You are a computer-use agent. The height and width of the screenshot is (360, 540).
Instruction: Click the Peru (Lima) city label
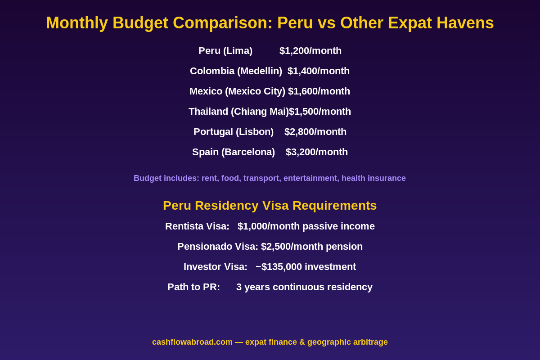[x=225, y=51]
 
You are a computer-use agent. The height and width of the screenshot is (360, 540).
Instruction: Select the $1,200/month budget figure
[x=310, y=51]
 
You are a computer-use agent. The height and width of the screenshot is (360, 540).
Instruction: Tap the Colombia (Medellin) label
[x=236, y=71]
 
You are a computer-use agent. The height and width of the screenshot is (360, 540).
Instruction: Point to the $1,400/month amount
[x=319, y=71]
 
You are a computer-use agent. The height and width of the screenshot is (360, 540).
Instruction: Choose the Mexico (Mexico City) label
[x=237, y=91]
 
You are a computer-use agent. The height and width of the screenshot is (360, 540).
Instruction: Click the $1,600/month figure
[x=319, y=91]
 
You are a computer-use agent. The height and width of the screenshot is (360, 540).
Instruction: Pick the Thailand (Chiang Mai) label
[x=238, y=112]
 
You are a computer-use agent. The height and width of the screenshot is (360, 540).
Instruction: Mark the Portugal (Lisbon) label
[x=234, y=132]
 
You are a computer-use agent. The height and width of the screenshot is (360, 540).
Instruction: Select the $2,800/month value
[x=315, y=132]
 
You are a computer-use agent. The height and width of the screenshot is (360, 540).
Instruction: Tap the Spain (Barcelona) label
[x=234, y=152]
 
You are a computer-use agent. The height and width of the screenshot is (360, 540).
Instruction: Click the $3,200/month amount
[x=317, y=152]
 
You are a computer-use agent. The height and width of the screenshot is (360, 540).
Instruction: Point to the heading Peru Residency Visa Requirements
[x=270, y=206]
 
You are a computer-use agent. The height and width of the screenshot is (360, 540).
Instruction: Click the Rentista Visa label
[x=197, y=226]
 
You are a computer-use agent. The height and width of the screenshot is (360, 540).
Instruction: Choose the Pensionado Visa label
[x=217, y=247]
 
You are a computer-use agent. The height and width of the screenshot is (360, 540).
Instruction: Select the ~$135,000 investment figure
[x=306, y=267]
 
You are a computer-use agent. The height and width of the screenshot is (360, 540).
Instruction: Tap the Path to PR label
[x=193, y=287]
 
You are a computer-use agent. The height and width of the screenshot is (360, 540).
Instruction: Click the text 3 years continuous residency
[x=304, y=287]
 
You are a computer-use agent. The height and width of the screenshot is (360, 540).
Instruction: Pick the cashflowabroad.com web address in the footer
[x=192, y=342]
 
